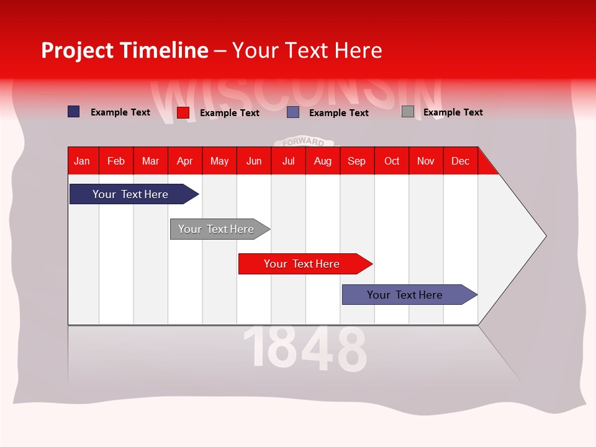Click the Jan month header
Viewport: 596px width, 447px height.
click(82, 161)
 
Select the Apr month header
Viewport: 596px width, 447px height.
click(184, 161)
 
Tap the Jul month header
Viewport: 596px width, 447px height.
click(288, 161)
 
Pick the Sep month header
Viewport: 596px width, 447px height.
click(356, 161)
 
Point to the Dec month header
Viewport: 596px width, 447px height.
click(460, 161)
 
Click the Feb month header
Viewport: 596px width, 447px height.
click(116, 161)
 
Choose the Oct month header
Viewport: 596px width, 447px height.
click(392, 161)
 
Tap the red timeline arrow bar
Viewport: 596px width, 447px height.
click(302, 264)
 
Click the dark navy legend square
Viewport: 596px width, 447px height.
click(73, 112)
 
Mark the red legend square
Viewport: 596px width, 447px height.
click(183, 112)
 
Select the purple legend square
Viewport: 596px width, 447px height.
click(293, 112)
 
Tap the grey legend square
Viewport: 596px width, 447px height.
click(407, 112)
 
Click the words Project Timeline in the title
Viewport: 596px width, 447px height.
click(124, 50)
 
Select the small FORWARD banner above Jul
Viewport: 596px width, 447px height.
click(304, 142)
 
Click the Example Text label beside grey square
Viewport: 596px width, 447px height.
click(453, 112)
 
